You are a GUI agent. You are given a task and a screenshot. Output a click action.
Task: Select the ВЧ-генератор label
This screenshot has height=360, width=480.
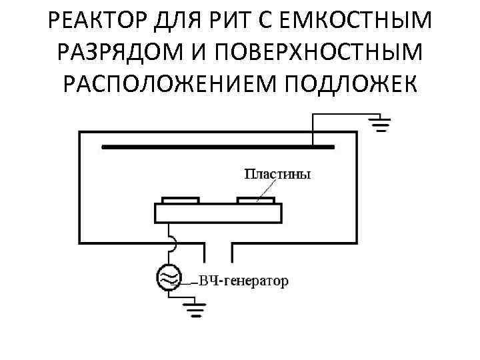click(x=244, y=281)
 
